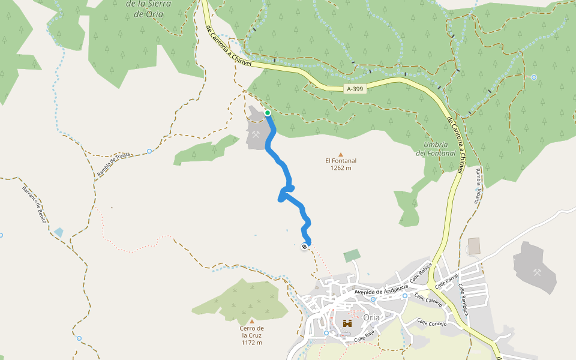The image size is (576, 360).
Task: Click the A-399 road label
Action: tap(355, 89)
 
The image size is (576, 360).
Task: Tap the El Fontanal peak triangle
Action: tap(341, 154)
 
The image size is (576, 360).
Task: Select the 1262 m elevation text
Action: tap(341, 168)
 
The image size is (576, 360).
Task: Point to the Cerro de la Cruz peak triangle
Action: tap(252, 321)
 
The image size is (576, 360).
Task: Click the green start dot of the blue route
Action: tap(268, 112)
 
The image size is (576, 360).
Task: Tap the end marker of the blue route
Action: tap(305, 246)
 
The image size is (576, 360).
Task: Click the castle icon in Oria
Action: tap(347, 324)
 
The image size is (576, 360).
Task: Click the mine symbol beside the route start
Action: tap(257, 134)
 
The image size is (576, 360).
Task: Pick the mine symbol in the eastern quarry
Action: tap(537, 272)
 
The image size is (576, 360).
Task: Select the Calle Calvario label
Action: tap(428, 299)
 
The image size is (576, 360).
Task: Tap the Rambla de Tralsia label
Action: tap(113, 165)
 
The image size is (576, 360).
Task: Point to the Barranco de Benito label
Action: tap(34, 205)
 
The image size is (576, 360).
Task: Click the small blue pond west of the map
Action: tap(58, 232)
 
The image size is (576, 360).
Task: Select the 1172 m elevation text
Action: tap(252, 343)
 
